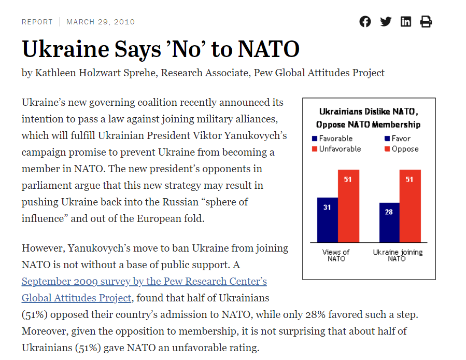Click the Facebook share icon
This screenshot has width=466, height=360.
point(365,22)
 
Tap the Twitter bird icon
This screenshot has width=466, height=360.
point(386,22)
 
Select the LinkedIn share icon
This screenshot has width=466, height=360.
point(406,22)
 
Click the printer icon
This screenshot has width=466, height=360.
point(426,22)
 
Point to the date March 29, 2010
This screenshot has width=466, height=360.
point(101,22)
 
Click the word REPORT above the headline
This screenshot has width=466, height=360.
point(37,22)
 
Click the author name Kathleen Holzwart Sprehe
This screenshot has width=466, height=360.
point(95,73)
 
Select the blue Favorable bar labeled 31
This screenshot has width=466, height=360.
point(327,220)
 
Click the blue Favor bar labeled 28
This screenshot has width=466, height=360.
point(389,223)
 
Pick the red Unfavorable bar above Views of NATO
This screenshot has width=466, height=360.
point(348,206)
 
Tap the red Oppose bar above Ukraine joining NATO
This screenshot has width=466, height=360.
point(410,206)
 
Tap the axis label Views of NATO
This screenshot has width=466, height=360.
point(336,255)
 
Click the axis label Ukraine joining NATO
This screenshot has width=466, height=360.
point(398,255)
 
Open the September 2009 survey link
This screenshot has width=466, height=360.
point(144,282)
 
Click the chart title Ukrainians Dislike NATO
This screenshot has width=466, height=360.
point(368,112)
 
